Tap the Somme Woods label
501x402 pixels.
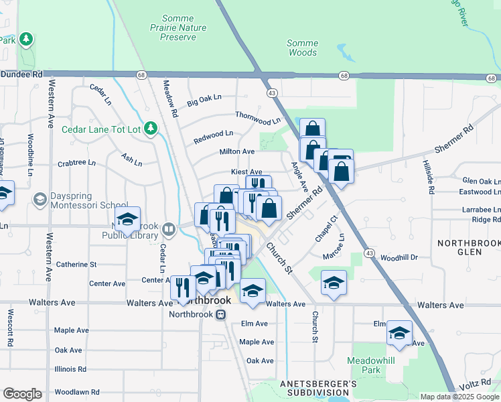[302, 48]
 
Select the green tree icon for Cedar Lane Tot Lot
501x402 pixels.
[151, 127]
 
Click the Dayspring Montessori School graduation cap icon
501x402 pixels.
[40, 200]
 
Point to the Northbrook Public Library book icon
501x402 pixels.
[169, 230]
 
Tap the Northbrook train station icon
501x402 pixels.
[220, 315]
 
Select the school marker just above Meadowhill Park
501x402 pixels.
[399, 333]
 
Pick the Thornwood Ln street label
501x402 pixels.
[258, 118]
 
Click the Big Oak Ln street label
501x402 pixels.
[204, 100]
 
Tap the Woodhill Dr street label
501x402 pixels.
[399, 257]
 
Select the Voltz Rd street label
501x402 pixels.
[478, 385]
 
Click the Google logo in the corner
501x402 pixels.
[22, 393]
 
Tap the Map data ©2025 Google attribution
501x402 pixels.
[459, 397]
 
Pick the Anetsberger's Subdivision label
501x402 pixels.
[318, 387]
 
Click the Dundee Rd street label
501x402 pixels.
[21, 75]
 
